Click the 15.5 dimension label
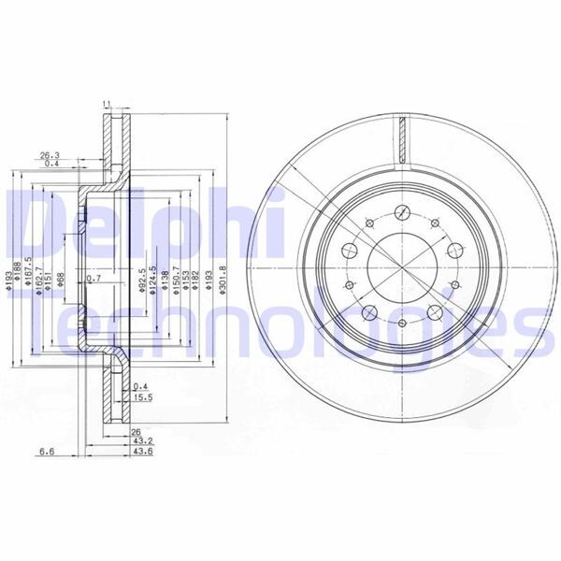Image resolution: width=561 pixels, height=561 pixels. point(143,399)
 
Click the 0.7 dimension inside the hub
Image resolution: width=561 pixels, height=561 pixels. point(93,278)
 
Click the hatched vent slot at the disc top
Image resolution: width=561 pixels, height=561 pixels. point(402,139)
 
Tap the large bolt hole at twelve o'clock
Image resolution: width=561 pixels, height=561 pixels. point(402,210)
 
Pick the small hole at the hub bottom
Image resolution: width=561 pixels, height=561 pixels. point(402,324)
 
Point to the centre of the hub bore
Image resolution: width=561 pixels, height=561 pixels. point(402,266)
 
